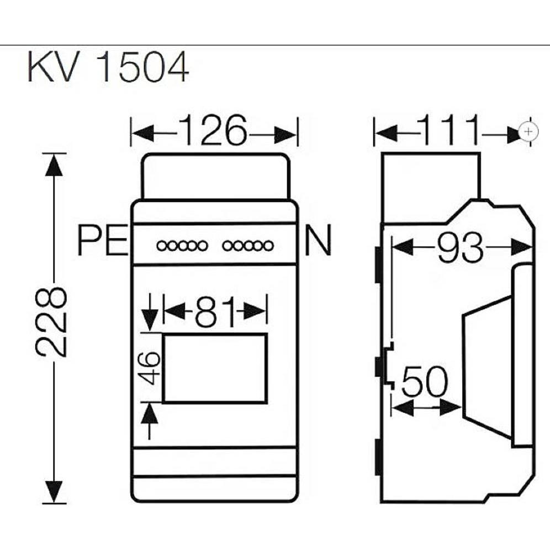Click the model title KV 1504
click(x=108, y=68)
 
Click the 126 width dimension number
click(x=213, y=132)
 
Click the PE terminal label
click(x=103, y=242)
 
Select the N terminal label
click(x=318, y=242)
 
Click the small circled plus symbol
click(x=529, y=132)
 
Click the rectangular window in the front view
click(x=215, y=368)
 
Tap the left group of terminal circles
click(x=182, y=245)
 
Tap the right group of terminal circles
click(x=247, y=245)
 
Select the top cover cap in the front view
click(x=215, y=176)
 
